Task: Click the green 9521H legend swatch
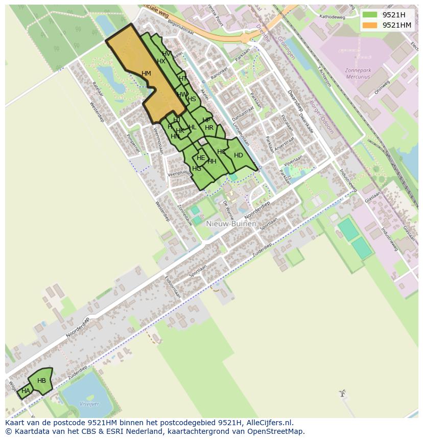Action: [x=370, y=15]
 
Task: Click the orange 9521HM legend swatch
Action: [x=370, y=25]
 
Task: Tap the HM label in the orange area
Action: [x=146, y=74]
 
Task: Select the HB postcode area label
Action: [x=41, y=381]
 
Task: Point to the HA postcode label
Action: [x=26, y=391]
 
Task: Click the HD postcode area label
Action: [x=238, y=155]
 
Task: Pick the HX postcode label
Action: [x=161, y=61]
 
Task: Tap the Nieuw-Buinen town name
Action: [x=231, y=223]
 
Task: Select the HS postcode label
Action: [x=192, y=99]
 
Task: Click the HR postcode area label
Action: [x=209, y=128]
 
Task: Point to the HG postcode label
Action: [x=197, y=169]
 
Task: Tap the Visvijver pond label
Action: [x=90, y=404]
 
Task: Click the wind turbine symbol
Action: [x=342, y=393]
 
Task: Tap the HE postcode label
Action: [x=201, y=158]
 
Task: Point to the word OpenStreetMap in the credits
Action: [x=276, y=431]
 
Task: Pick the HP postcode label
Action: [x=206, y=121]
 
